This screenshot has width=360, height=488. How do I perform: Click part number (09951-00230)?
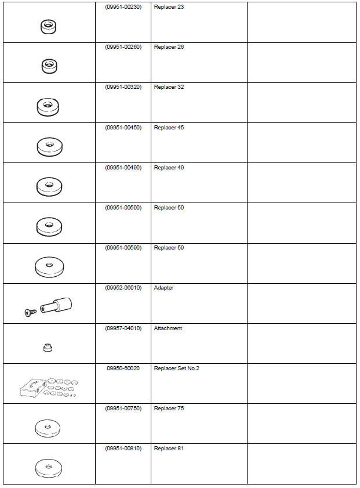(x=123, y=6)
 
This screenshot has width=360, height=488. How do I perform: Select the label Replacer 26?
(x=169, y=46)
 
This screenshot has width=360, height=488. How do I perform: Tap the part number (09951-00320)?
(x=123, y=87)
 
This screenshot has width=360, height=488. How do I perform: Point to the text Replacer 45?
(x=169, y=127)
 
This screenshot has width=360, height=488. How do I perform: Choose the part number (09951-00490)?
(x=123, y=167)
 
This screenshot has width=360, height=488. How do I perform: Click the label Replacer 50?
(x=169, y=207)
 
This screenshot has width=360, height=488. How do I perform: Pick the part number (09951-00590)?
(x=123, y=248)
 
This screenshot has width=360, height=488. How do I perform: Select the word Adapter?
(x=163, y=288)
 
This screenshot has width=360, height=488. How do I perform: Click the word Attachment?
(x=168, y=328)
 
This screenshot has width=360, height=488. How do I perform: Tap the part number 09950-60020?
(x=123, y=368)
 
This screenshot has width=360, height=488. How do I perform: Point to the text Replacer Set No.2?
(x=177, y=368)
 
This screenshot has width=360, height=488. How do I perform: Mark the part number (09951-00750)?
(x=123, y=409)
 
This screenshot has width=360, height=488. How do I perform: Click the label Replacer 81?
(x=169, y=449)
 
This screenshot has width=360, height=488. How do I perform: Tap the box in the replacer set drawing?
(x=32, y=387)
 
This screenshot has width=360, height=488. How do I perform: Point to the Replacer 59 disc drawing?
(x=49, y=266)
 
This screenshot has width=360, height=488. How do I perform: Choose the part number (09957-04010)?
(x=123, y=328)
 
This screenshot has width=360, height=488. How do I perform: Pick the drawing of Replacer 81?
(x=49, y=467)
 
